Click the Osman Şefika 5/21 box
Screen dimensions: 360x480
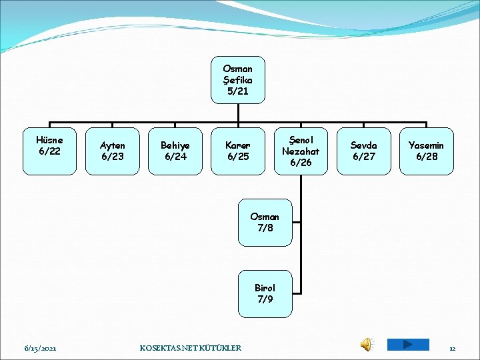(x=238, y=80)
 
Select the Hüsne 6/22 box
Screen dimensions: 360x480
(x=50, y=151)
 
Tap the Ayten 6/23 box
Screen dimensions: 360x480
(x=113, y=151)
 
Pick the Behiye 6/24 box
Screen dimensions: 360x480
(x=175, y=151)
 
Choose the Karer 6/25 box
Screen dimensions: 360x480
(x=238, y=151)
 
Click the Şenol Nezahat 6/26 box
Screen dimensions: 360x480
(x=301, y=151)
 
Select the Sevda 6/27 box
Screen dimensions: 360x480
(x=363, y=151)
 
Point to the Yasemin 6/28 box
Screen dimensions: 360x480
(x=427, y=151)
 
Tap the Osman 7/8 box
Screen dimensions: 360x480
(x=265, y=223)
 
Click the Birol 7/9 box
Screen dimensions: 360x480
(x=265, y=294)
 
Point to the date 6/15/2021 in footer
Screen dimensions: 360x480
(x=41, y=348)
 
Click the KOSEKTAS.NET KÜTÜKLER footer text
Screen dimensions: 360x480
(x=191, y=348)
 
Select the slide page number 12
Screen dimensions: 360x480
(x=452, y=348)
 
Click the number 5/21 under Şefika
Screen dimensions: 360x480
(x=238, y=91)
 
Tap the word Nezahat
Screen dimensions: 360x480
(x=301, y=151)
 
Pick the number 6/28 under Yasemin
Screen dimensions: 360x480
(x=427, y=157)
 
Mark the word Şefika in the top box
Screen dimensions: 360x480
(x=238, y=80)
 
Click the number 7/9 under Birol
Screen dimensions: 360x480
(x=265, y=299)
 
